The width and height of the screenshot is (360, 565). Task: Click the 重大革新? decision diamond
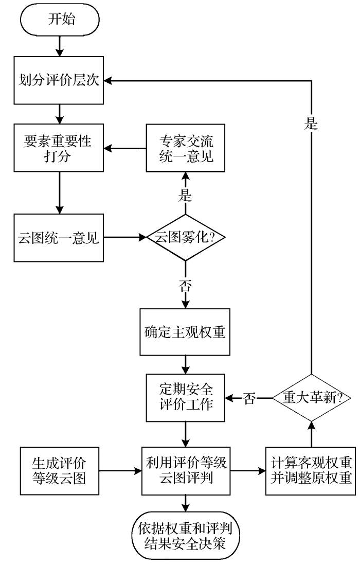(x=310, y=398)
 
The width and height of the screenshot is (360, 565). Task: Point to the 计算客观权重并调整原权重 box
(x=310, y=471)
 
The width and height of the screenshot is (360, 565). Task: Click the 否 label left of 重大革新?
(x=249, y=398)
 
